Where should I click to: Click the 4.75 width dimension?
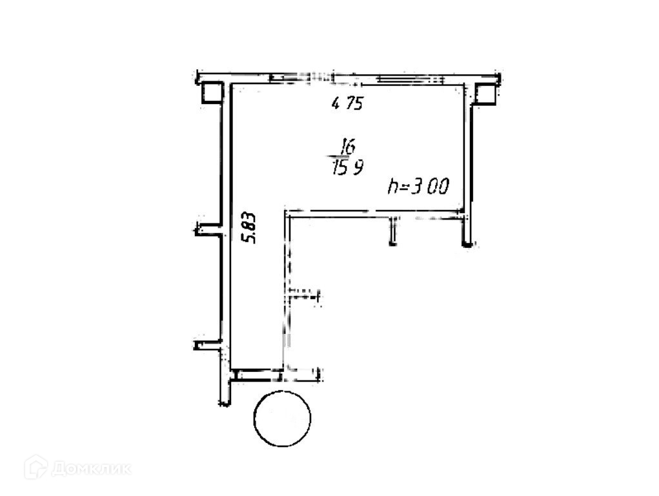(347, 103)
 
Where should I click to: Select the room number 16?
(348, 146)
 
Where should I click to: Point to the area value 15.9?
(347, 167)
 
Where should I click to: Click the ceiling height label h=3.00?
(419, 187)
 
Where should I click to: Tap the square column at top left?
(212, 92)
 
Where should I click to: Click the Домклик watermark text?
(91, 468)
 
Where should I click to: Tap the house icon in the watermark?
(35, 467)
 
